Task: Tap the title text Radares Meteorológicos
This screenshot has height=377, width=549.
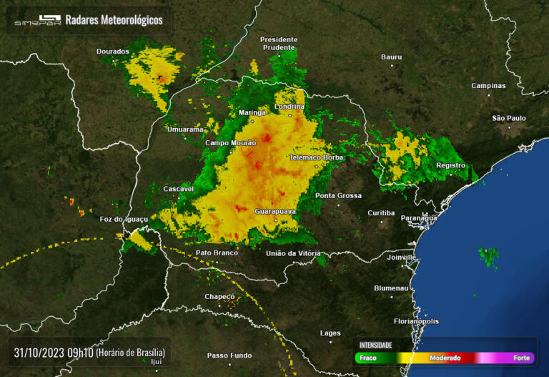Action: tap(114, 20)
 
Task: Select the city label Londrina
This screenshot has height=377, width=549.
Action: tap(290, 107)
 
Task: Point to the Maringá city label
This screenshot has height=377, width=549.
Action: tap(252, 112)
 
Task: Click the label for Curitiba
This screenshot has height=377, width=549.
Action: tap(381, 212)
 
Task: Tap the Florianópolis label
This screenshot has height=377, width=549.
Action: tap(416, 321)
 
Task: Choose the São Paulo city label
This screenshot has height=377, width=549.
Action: tap(509, 118)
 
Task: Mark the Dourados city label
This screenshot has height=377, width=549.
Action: tap(113, 52)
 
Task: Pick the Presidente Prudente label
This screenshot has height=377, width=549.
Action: tap(278, 43)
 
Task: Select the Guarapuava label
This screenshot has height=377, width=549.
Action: tap(275, 211)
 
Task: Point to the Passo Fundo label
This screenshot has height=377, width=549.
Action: tap(229, 356)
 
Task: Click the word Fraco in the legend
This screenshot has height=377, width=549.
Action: tap(368, 358)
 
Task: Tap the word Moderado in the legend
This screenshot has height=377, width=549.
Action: tap(445, 358)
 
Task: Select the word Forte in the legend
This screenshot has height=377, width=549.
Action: tap(522, 358)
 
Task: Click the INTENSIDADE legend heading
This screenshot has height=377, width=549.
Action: tap(375, 345)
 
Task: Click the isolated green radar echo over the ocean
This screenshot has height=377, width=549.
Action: tap(490, 255)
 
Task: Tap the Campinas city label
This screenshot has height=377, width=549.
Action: tap(488, 86)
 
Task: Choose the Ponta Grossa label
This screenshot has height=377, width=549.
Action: tap(338, 195)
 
